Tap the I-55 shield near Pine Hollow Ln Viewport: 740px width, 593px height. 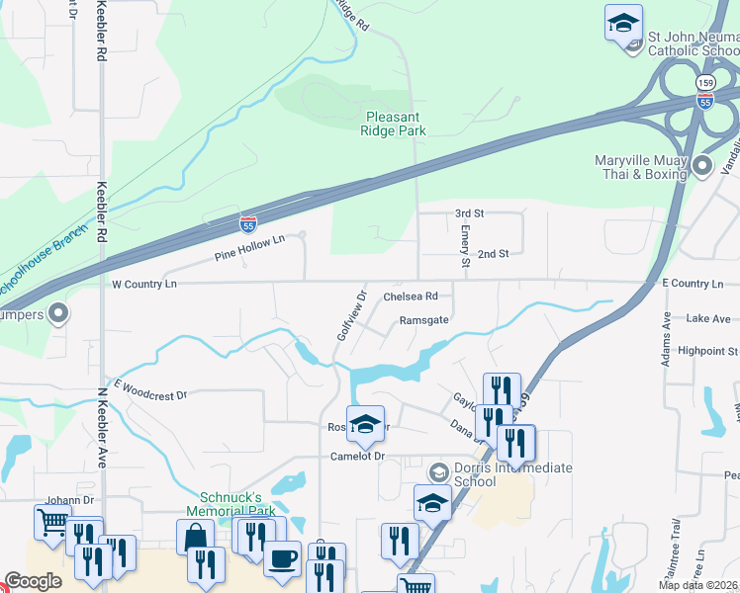pyautogui.click(x=248, y=224)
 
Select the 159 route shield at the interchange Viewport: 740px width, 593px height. pyautogui.click(x=704, y=83)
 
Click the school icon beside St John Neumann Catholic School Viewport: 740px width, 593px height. pyautogui.click(x=623, y=23)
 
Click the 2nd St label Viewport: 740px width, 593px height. pyautogui.click(x=493, y=254)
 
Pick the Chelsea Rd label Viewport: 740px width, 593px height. pyautogui.click(x=410, y=296)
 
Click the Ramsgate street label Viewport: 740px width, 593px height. pyautogui.click(x=424, y=320)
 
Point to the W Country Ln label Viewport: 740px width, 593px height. pyautogui.click(x=143, y=285)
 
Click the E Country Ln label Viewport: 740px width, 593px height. pyautogui.click(x=698, y=284)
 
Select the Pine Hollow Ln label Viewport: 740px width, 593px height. pyautogui.click(x=249, y=248)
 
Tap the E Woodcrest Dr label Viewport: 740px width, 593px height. pyautogui.click(x=150, y=389)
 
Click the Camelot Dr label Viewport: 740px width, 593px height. pyautogui.click(x=356, y=457)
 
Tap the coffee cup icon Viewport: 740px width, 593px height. pyautogui.click(x=283, y=557)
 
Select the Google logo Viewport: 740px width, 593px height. pyautogui.click(x=34, y=581)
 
